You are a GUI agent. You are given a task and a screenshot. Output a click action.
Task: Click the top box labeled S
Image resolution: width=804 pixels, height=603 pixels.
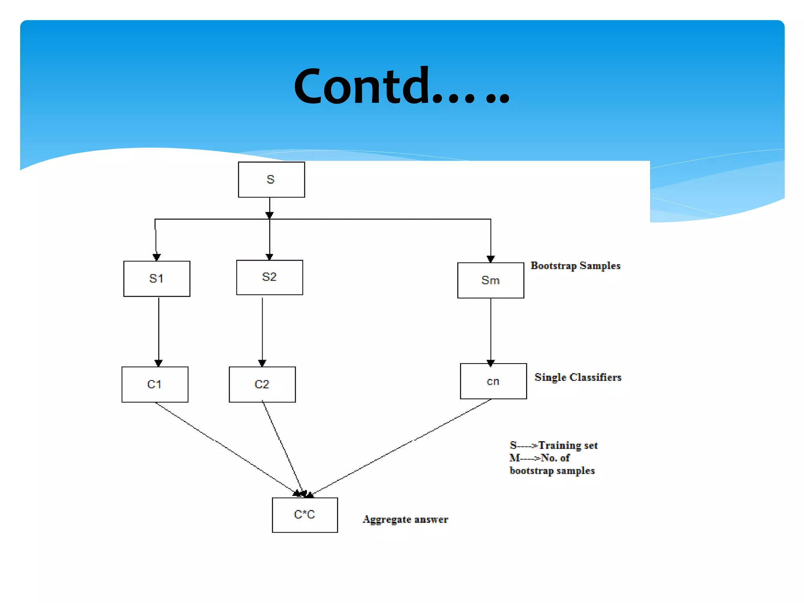(x=271, y=180)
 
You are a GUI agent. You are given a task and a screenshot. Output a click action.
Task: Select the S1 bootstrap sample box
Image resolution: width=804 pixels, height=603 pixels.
(x=157, y=279)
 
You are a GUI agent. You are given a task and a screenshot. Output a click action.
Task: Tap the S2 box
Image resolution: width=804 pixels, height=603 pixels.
(x=269, y=277)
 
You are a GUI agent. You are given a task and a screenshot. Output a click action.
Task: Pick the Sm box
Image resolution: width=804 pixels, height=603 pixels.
(x=490, y=280)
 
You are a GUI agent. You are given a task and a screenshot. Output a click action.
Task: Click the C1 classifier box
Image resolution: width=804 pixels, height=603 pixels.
(x=155, y=384)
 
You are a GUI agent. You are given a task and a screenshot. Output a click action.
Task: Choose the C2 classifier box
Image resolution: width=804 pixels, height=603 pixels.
(x=262, y=384)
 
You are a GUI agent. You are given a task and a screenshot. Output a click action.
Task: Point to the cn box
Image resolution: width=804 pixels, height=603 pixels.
(x=493, y=381)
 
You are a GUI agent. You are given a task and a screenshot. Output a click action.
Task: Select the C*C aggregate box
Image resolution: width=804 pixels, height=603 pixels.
(x=305, y=515)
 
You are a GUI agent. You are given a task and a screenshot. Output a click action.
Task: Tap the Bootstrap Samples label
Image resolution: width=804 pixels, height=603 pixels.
(x=575, y=266)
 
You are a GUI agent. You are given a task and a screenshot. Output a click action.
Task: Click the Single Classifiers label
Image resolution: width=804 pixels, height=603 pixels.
(x=578, y=377)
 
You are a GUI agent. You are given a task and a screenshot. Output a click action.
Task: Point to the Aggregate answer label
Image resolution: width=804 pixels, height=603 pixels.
(x=405, y=519)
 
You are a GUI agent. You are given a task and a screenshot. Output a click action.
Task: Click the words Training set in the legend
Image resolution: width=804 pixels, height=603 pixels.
(x=568, y=445)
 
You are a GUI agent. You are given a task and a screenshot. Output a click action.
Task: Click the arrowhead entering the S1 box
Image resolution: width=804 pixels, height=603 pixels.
(x=157, y=257)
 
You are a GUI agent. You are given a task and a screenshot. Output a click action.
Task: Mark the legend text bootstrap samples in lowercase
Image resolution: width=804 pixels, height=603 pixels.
(x=552, y=470)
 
